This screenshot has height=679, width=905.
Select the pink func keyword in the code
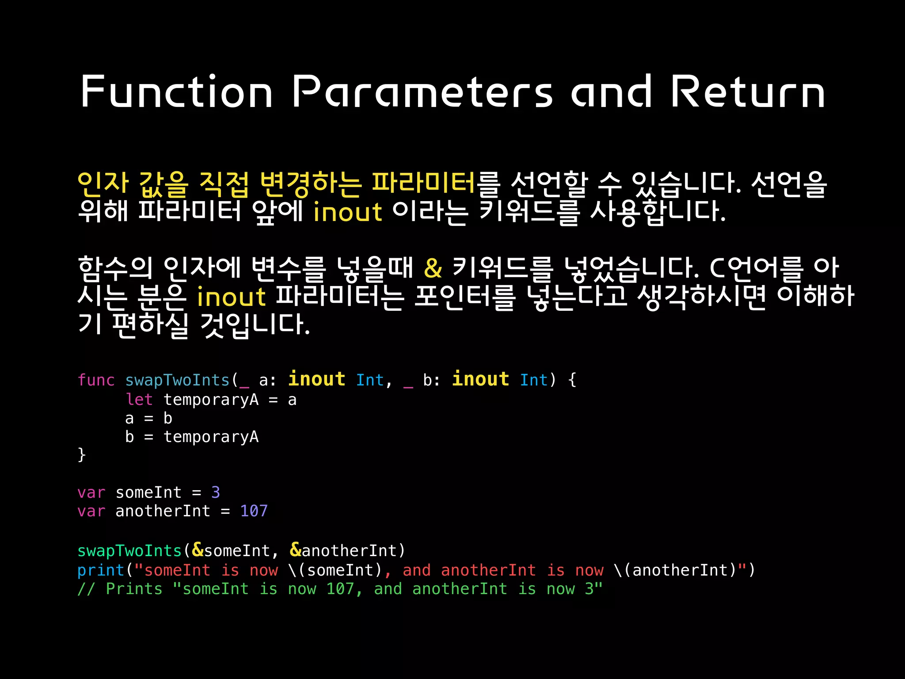point(96,380)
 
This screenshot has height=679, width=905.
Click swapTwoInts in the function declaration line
point(177,380)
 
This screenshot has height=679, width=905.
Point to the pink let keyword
point(139,400)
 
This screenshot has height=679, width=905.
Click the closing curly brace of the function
point(81,455)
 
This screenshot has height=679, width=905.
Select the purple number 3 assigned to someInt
point(216,492)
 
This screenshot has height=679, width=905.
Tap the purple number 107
point(254,511)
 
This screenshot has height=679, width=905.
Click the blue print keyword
point(101,570)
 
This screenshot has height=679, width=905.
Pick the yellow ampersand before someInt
point(198,550)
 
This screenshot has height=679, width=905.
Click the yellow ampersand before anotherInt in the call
point(295,550)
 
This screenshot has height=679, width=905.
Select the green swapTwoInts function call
point(129,551)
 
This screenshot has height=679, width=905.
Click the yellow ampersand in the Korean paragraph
point(433,268)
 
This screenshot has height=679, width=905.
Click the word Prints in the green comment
point(134,589)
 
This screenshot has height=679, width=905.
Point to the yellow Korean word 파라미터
point(423,183)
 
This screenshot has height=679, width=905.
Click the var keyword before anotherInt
point(91,511)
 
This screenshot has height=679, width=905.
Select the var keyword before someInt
point(91,492)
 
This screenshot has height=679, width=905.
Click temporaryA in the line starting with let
point(211,400)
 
